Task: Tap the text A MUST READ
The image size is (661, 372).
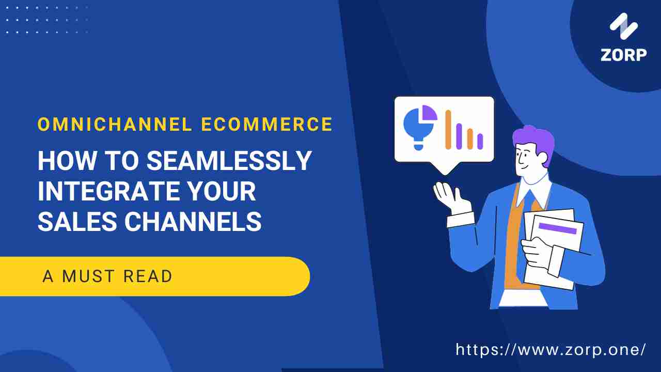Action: (107, 276)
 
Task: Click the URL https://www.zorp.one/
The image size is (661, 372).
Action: (550, 350)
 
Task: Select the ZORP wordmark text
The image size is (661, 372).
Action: (623, 55)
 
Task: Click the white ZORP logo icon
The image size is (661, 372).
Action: (624, 26)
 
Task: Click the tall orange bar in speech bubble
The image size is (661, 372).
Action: (448, 129)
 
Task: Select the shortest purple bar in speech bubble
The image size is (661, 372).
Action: (480, 141)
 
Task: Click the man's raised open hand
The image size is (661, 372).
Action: (447, 196)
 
